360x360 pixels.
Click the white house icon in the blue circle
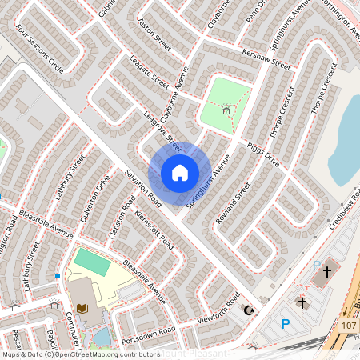[x=180, y=172]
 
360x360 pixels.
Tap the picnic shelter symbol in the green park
[x=228, y=110]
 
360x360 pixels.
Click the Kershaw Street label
[x=269, y=59]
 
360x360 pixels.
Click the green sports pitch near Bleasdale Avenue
[x=93, y=262]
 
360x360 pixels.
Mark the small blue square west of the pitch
[x=58, y=276]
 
